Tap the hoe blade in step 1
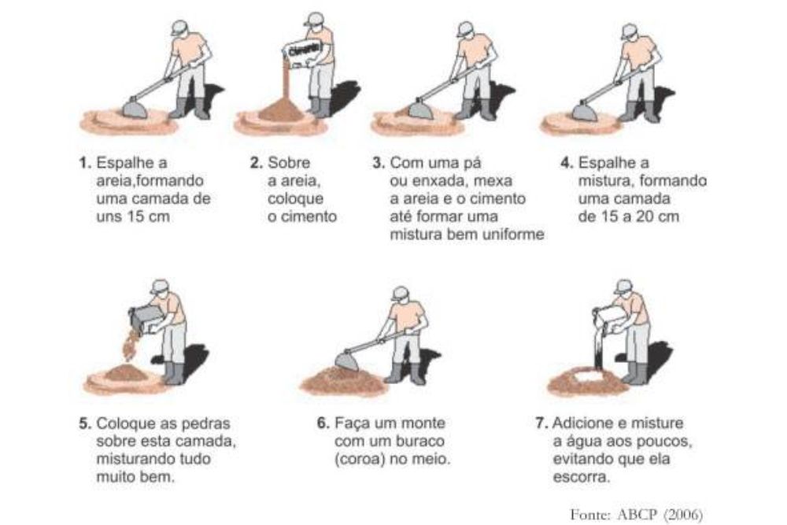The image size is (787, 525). coord(135,108)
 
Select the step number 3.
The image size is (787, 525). coord(379,163)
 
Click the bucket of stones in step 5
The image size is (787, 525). coord(146,319)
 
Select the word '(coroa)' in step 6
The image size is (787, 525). coord(359,459)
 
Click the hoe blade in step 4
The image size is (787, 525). coord(586,112)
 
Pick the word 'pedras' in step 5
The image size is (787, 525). coord(208,423)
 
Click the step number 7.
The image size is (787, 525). coord(541,423)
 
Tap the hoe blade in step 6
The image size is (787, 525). coord(347,360)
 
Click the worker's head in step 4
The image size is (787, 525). coord(629,32)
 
